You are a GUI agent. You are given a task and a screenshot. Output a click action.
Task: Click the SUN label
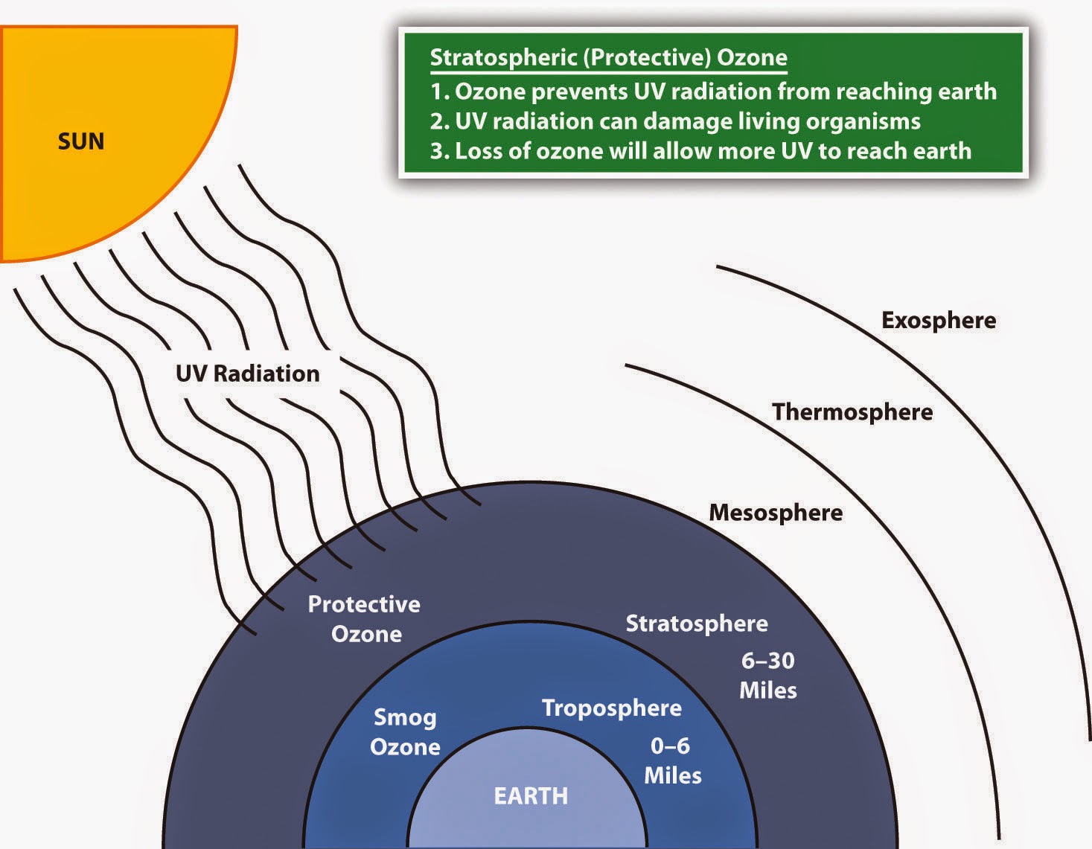click(81, 141)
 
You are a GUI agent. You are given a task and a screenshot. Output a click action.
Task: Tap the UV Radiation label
click(247, 374)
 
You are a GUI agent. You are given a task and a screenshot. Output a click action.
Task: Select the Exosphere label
click(939, 321)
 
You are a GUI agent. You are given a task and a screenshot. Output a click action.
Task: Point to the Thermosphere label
click(852, 412)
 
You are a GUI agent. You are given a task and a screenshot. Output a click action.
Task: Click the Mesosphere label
click(776, 513)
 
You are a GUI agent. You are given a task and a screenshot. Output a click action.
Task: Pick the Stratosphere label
click(696, 624)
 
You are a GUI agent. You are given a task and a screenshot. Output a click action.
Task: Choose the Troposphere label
click(611, 708)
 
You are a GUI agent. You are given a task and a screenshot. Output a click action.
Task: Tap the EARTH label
click(531, 796)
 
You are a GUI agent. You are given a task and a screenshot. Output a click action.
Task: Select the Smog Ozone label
click(405, 732)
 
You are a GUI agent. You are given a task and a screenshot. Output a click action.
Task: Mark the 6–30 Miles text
click(768, 676)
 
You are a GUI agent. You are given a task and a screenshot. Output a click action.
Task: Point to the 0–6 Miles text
click(672, 760)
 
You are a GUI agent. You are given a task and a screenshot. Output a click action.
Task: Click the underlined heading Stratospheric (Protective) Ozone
click(608, 58)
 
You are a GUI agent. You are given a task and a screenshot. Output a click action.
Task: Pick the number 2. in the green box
click(439, 121)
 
